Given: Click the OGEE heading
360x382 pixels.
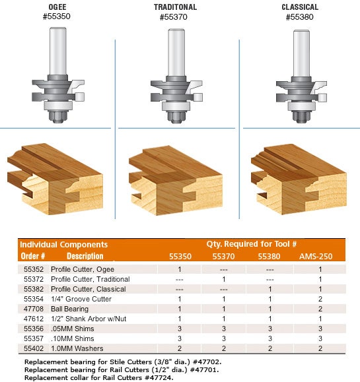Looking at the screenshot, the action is click(x=57, y=7).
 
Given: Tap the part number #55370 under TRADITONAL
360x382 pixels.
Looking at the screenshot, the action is click(x=174, y=16).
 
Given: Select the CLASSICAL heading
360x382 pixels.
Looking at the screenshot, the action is click(x=300, y=7).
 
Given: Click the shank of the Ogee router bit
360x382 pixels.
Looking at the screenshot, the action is click(x=58, y=51).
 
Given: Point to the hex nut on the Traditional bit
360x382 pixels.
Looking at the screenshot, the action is click(x=176, y=117).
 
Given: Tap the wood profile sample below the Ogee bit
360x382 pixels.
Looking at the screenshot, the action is click(x=55, y=179).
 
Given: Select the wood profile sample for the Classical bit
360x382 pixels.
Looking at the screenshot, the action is click(x=299, y=179).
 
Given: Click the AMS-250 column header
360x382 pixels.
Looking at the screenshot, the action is click(x=316, y=256).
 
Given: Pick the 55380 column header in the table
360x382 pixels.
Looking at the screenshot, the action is click(x=270, y=256).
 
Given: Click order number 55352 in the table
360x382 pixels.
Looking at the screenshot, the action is click(x=34, y=269).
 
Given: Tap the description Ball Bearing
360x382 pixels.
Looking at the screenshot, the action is click(x=69, y=309).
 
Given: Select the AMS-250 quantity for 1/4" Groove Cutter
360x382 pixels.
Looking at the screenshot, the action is click(x=320, y=299).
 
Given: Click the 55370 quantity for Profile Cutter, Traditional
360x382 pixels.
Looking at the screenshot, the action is click(x=224, y=279).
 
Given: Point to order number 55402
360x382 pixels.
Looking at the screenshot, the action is click(x=34, y=348).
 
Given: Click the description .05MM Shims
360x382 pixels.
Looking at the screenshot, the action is click(x=73, y=329).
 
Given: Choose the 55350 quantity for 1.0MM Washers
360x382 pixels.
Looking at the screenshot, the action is click(x=180, y=348).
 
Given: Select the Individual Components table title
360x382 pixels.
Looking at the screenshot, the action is click(x=63, y=244).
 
